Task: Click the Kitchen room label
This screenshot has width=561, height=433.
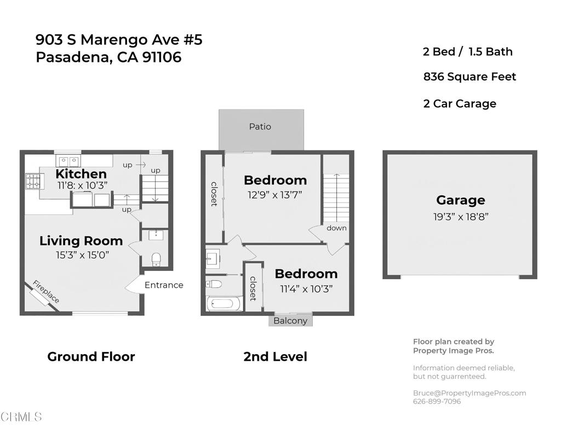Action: tap(81, 174)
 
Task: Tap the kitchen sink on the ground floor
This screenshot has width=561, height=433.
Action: tap(68, 160)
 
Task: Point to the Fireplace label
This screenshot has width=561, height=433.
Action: tap(46, 291)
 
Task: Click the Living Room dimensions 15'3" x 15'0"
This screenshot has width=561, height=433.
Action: tap(82, 255)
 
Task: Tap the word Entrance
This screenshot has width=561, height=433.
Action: tap(164, 285)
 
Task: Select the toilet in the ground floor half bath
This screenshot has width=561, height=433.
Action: tap(156, 259)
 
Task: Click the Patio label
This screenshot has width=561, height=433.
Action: tap(260, 126)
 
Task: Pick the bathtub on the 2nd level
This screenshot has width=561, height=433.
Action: tap(225, 304)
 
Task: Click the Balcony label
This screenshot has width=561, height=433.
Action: tap(290, 321)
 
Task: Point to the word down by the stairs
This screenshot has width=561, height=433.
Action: tap(336, 228)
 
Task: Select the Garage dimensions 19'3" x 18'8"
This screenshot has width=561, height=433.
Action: tap(460, 217)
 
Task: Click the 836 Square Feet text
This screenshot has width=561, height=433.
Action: tap(470, 77)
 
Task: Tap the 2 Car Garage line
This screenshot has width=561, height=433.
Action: tap(460, 103)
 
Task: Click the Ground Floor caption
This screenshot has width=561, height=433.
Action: tap(91, 356)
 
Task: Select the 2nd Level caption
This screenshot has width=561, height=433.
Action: tap(275, 356)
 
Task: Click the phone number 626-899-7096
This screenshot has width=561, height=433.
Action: tap(437, 401)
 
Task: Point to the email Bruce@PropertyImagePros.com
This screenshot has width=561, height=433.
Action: tap(470, 393)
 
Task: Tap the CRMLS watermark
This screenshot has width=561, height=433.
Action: tap(21, 417)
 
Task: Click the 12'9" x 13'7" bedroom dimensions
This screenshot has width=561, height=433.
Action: tap(275, 195)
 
